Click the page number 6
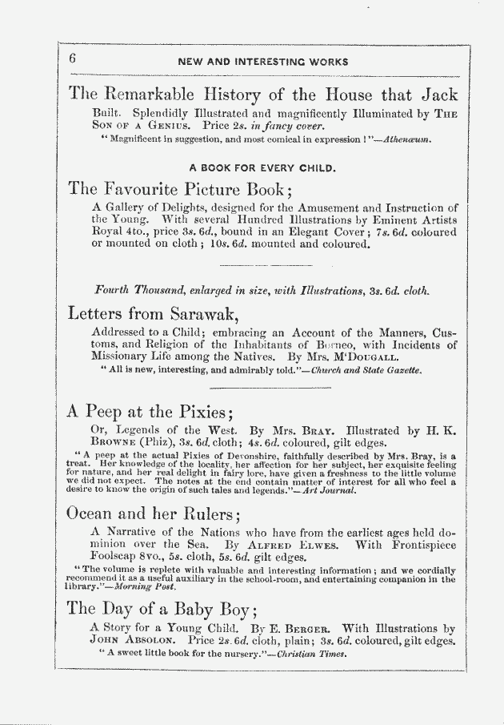click(x=72, y=59)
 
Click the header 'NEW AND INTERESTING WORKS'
click(x=262, y=62)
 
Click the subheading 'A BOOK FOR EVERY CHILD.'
click(x=262, y=168)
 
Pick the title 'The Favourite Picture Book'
click(x=181, y=190)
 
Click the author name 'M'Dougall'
click(x=351, y=357)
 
